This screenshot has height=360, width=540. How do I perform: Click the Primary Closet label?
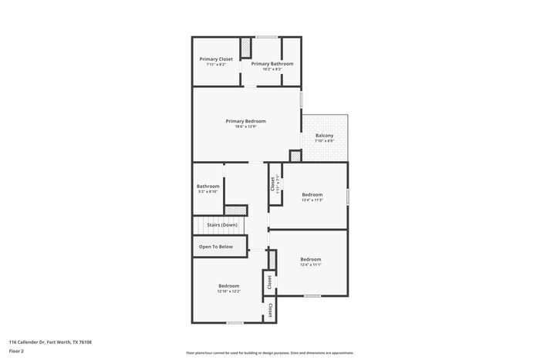click(x=216, y=59)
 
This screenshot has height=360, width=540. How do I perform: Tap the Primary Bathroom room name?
click(x=272, y=63)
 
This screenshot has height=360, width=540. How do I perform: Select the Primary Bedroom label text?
click(x=245, y=120)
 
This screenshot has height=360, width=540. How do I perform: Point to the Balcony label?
click(x=324, y=136)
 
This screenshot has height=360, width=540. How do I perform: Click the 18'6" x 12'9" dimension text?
click(x=245, y=126)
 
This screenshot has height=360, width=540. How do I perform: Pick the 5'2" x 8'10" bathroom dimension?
click(x=208, y=192)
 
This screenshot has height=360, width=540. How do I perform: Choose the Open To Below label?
click(x=216, y=247)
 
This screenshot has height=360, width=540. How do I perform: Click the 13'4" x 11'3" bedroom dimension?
click(x=312, y=200)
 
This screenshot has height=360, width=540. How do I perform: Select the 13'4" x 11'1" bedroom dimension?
click(x=310, y=265)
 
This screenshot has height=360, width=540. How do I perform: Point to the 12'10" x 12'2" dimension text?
click(x=229, y=291)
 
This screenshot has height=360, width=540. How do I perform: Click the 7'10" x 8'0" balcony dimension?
click(x=324, y=141)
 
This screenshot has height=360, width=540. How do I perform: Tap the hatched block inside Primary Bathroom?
click(x=245, y=48)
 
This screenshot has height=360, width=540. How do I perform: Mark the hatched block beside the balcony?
click(x=295, y=156)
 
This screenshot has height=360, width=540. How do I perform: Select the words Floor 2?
click(x=17, y=351)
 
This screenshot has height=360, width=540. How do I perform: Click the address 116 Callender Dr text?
click(x=54, y=341)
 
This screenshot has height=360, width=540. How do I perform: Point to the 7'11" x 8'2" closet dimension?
click(x=216, y=65)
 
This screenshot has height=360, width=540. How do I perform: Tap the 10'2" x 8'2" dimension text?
click(x=272, y=69)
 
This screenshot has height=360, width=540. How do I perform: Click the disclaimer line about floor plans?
click(x=269, y=352)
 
